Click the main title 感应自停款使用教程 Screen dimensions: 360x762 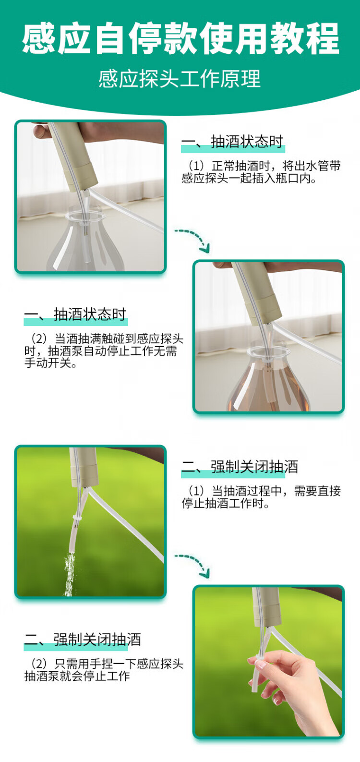(180, 38)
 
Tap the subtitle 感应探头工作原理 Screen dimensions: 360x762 (180, 79)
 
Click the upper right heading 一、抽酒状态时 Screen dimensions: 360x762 (232, 142)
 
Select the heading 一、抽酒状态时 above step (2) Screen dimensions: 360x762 (75, 314)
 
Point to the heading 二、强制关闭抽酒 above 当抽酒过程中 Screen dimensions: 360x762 (240, 467)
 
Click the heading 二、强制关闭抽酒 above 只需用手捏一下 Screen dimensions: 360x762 (83, 640)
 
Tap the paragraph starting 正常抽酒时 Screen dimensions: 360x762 (261, 172)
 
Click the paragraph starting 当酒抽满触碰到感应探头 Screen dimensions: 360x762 (104, 351)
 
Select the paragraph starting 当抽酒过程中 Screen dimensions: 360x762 (261, 497)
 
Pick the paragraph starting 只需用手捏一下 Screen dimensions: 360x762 (104, 670)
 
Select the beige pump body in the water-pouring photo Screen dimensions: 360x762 (84, 467)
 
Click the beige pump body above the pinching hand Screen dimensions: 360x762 (266, 607)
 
